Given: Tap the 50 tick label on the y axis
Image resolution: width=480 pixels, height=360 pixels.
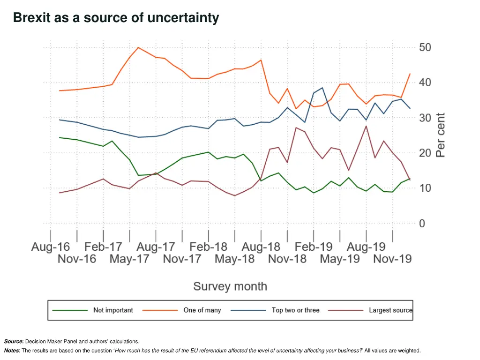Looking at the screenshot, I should click(425, 47).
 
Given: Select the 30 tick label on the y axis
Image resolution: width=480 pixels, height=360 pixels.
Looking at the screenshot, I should click(425, 118).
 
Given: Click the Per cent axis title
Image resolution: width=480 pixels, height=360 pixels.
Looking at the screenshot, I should click(441, 135).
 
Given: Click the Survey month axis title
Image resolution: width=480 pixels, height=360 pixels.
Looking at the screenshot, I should click(230, 286).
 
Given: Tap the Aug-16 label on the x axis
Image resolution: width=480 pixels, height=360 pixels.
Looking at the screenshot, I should click(51, 247).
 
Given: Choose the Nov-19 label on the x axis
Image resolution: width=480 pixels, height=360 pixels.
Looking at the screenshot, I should click(392, 259).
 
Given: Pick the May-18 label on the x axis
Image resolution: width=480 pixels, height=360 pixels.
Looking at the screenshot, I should click(234, 259).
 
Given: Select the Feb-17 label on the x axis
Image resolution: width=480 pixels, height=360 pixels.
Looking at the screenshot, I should click(103, 247).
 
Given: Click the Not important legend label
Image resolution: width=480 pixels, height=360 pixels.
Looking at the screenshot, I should click(113, 310).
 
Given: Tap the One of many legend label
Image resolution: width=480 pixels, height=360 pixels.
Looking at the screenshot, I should click(202, 310).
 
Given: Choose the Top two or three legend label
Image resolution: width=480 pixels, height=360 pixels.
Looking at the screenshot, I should click(295, 310).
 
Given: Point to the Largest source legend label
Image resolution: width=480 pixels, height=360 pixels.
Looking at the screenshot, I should click(390, 310).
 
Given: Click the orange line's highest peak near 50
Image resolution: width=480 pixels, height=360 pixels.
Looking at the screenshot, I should click(138, 47).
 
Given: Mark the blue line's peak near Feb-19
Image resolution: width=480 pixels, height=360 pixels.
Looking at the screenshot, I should click(322, 88).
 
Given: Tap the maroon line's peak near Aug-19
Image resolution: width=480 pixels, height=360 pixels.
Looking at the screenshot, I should click(366, 126).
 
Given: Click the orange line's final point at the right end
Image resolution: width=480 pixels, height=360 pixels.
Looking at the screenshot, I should click(410, 74).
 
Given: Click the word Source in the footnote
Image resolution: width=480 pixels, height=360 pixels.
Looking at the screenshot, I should click(13, 342).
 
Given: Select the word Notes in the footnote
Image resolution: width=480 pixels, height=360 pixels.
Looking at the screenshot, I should click(12, 351).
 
